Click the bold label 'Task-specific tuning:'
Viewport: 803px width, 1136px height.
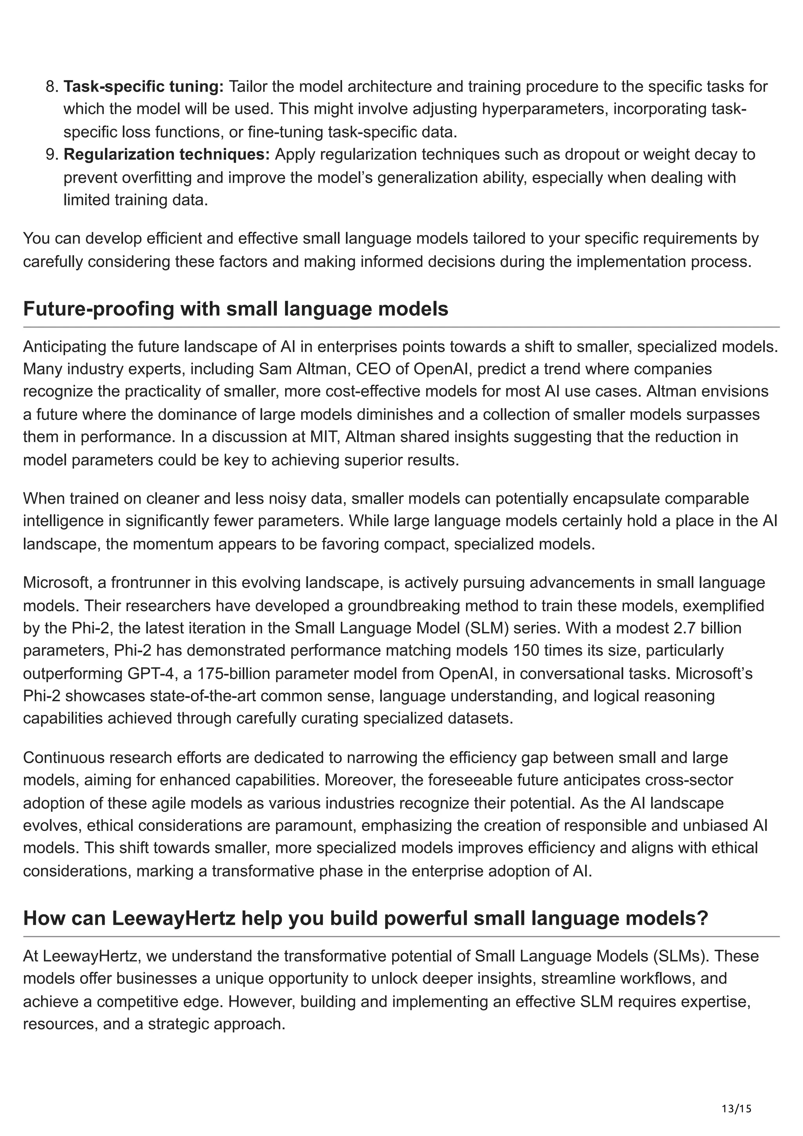(x=144, y=87)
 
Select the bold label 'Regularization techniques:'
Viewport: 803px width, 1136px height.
(x=167, y=154)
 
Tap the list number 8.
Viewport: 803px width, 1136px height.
(x=51, y=87)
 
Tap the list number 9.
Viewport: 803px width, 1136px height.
(x=51, y=154)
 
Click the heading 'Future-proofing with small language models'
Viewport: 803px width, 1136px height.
(x=236, y=309)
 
